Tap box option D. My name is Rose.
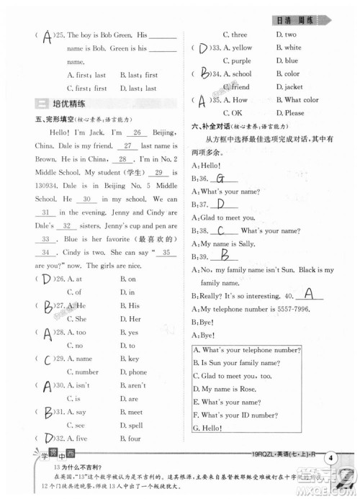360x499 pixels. (x=229, y=389)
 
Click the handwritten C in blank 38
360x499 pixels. (x=226, y=230)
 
